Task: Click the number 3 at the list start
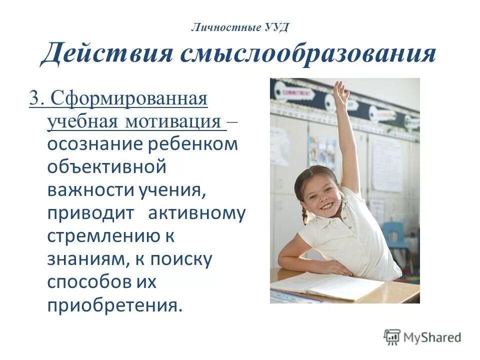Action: [34, 97]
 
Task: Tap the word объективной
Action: [106, 167]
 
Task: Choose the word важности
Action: [85, 190]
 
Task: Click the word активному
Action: [196, 213]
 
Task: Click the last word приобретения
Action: [112, 305]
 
